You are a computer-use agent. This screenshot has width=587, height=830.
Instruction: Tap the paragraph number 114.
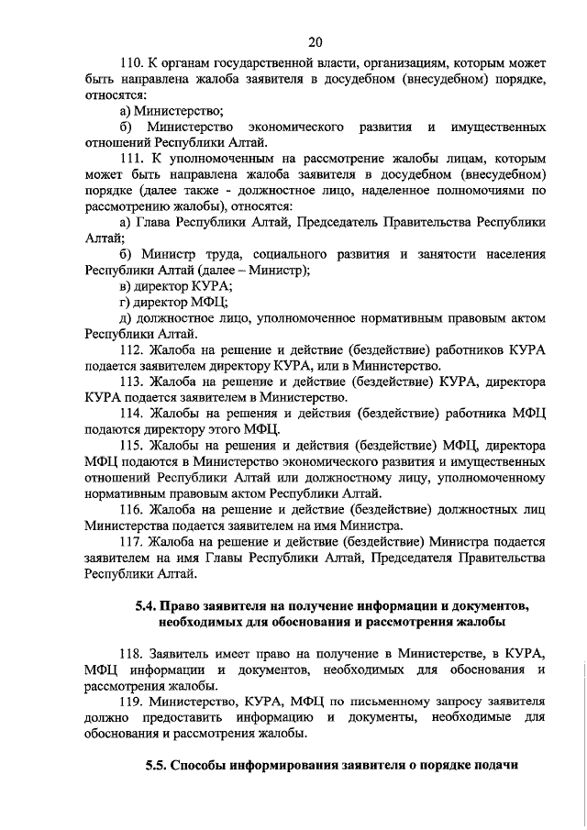(x=135, y=414)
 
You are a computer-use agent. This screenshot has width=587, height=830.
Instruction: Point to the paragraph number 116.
(x=135, y=510)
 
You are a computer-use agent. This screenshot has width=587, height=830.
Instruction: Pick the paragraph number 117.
(x=135, y=542)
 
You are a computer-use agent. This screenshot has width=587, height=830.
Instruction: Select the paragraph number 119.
(x=135, y=702)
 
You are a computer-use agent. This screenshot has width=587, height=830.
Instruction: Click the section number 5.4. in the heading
(x=139, y=607)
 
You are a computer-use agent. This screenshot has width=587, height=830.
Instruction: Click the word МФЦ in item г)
(x=207, y=302)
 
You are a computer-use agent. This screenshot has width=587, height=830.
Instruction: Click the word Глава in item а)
(x=156, y=222)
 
